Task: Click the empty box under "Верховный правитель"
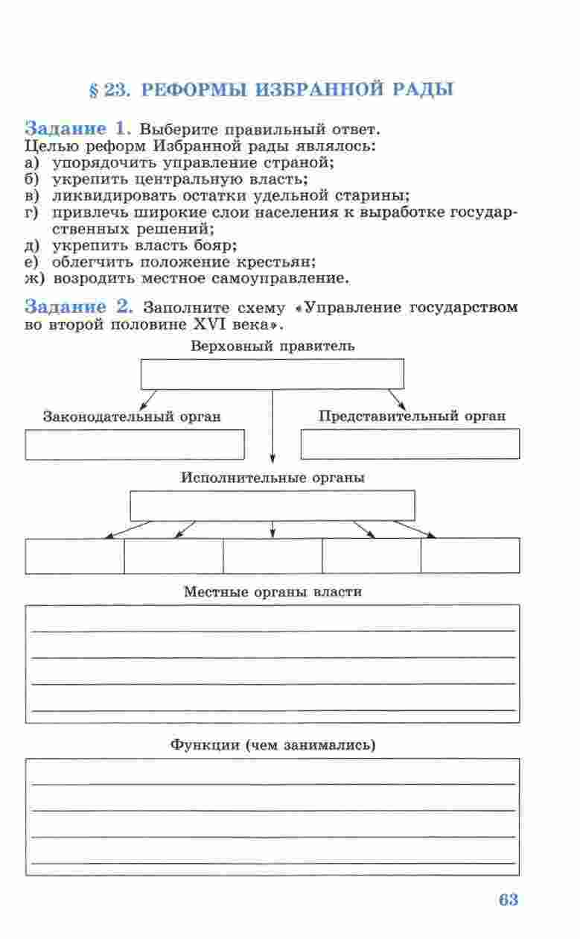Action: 273,374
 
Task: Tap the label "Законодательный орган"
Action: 132,417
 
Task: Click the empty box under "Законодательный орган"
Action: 135,445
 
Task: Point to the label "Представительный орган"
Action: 412,417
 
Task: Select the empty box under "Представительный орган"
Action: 410,444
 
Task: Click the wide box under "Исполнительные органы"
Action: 273,506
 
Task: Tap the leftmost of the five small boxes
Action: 74,555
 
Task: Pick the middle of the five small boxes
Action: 273,555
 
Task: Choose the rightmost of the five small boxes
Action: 471,555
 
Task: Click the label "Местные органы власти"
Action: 273,592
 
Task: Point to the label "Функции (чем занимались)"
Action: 273,744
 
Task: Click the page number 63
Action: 508,900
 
